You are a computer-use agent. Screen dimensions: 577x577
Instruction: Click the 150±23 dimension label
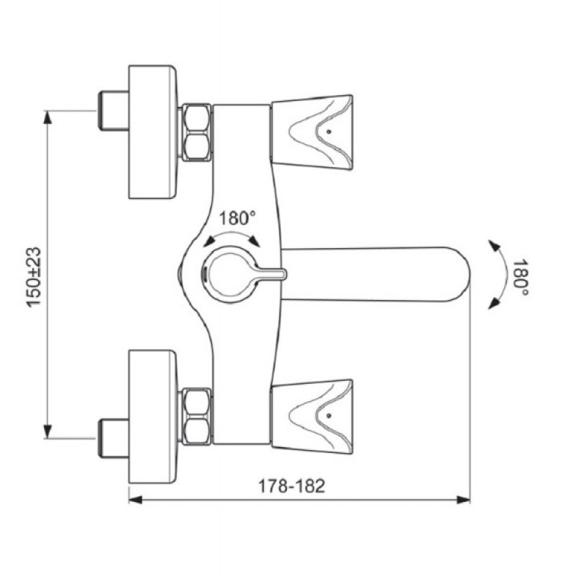coord(33,277)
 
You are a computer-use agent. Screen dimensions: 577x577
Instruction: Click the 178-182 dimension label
coord(292,485)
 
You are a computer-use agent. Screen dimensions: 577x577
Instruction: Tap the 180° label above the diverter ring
coord(237,218)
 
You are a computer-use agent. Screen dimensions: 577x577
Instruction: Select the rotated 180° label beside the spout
coord(521,278)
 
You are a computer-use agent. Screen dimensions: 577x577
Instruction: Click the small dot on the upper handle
coord(329,131)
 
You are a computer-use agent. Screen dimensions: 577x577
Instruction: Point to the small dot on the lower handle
coord(329,415)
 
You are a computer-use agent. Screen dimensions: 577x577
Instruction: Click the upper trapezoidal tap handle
coord(312,132)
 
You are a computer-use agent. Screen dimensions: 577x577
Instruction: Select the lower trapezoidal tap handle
coord(312,417)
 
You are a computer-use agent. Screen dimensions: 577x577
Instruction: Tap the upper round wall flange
coord(153,132)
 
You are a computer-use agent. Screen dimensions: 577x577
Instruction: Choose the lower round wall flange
coord(153,417)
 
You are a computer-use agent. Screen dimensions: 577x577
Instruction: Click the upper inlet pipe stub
coord(113,110)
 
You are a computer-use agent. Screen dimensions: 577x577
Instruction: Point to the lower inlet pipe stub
coord(113,439)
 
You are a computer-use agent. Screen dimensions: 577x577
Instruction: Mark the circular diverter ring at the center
coord(209,274)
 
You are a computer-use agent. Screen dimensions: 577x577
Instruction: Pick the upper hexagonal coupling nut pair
coord(196,132)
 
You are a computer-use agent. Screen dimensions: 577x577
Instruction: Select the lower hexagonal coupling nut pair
coord(196,417)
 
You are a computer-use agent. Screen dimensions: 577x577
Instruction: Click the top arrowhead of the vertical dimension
coord(48,117)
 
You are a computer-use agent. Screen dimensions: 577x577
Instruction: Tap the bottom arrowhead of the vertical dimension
coord(48,431)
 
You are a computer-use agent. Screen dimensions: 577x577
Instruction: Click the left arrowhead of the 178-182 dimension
coord(136,500)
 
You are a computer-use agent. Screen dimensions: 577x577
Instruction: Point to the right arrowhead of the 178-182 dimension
coord(463,500)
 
